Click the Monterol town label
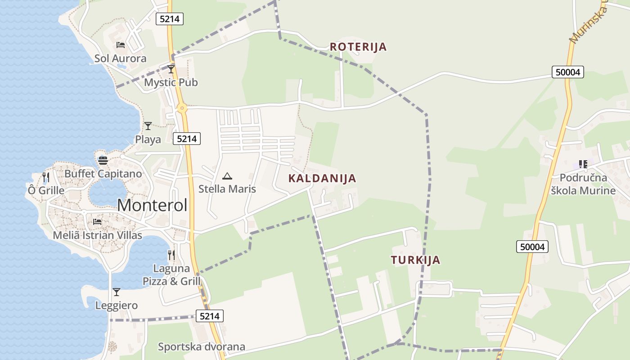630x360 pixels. [x=152, y=205]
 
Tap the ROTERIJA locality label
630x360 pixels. [x=358, y=47]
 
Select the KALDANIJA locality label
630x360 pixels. [x=322, y=178]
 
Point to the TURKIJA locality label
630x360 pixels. [x=415, y=260]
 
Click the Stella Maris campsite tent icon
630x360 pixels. [x=227, y=176]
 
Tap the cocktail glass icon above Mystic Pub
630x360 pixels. [x=171, y=69]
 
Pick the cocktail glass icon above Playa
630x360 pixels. [x=148, y=126]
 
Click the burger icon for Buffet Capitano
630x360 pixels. [x=103, y=161]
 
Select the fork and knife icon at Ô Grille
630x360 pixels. [x=45, y=177]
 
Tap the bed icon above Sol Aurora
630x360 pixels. [x=120, y=45]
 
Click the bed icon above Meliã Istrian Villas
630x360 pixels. [x=97, y=222]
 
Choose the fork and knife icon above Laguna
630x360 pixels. [x=171, y=255]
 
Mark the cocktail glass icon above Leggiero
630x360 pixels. [x=117, y=292]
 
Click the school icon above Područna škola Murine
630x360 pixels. [x=583, y=164]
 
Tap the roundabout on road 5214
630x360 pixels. [x=182, y=108]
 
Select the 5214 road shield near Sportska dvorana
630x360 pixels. [x=210, y=316]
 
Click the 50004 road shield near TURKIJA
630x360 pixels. [x=532, y=247]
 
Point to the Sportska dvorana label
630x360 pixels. [x=202, y=346]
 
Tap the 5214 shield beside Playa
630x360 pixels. [x=187, y=139]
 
